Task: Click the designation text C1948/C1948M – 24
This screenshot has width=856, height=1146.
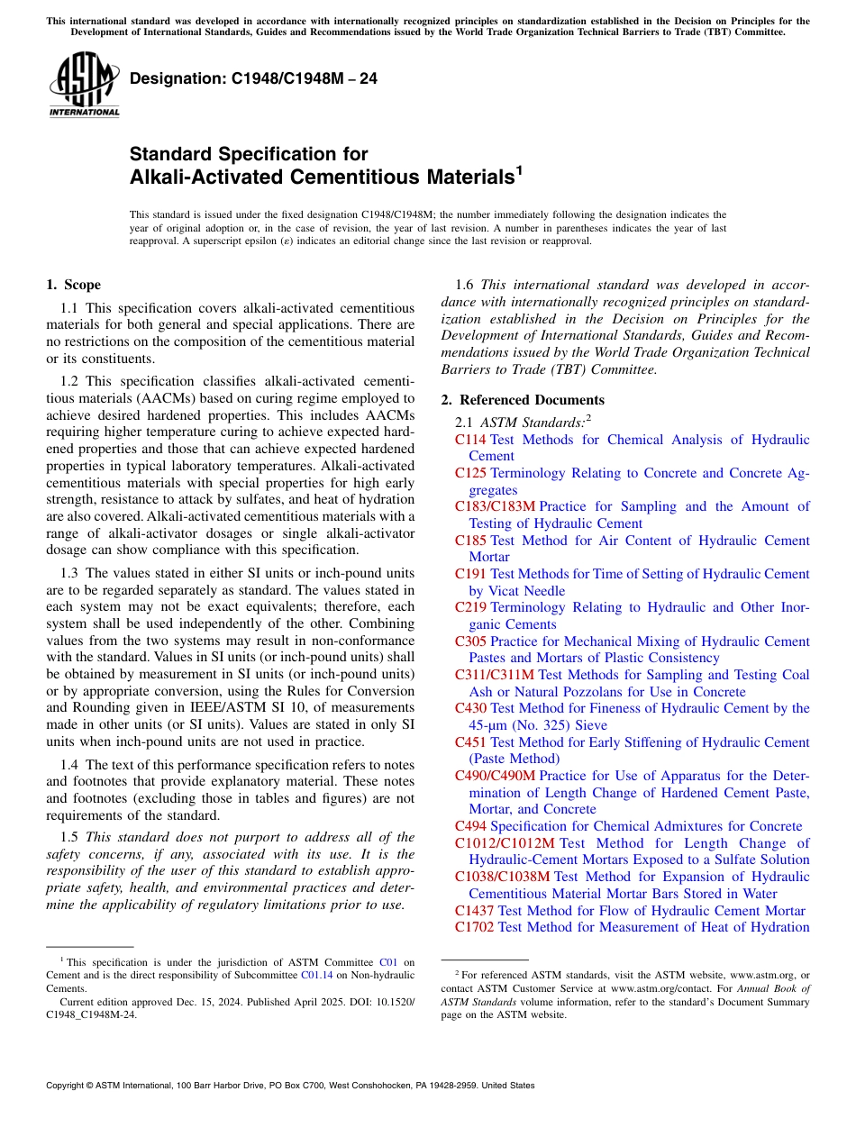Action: tap(253, 79)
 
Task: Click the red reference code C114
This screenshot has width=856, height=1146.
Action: tap(470, 440)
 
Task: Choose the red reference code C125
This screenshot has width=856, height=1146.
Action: tap(470, 473)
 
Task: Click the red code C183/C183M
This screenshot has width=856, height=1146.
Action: tap(495, 506)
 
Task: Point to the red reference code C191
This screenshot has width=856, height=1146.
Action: tap(470, 574)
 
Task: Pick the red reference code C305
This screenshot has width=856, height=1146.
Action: tap(470, 641)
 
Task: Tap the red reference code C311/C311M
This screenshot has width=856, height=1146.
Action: tap(495, 675)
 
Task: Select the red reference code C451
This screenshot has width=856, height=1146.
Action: tap(470, 742)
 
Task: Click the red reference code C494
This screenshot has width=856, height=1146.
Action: tap(470, 826)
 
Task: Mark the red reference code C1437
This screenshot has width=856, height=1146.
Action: tap(474, 911)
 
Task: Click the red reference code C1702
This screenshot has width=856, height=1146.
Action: tap(474, 927)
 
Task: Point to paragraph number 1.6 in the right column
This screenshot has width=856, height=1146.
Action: tap(465, 286)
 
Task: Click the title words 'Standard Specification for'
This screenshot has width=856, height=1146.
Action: tap(249, 154)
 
